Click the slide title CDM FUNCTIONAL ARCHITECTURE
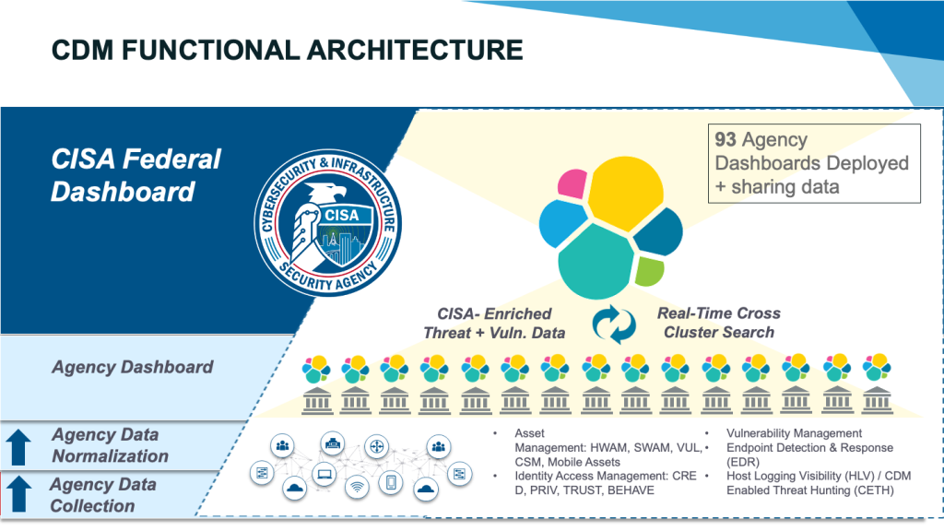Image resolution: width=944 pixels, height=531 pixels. click(287, 48)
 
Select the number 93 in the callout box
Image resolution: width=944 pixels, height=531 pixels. click(725, 140)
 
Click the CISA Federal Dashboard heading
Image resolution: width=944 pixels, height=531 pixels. click(136, 175)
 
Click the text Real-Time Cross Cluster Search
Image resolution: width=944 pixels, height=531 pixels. click(718, 323)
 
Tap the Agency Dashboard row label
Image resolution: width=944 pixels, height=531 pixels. click(132, 367)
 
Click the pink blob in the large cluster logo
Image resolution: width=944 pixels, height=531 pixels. click(573, 183)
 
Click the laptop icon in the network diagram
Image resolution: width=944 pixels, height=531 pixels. click(325, 476)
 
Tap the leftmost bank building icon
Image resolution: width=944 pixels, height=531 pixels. click(314, 400)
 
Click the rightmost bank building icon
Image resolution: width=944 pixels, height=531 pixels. click(877, 400)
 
